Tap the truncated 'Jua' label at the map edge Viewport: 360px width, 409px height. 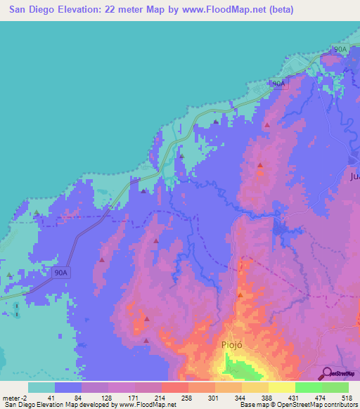pyautogui.click(x=354, y=177)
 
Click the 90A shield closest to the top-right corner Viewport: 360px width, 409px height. pyautogui.click(x=340, y=49)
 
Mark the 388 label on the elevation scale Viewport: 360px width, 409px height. pyautogui.click(x=268, y=398)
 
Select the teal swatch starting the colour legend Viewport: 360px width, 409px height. pyautogui.click(x=41, y=387)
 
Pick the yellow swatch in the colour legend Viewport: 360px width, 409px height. pyautogui.click(x=281, y=387)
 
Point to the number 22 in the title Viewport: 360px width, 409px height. pyautogui.click(x=110, y=10)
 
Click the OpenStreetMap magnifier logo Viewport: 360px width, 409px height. pyautogui.click(x=326, y=373)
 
